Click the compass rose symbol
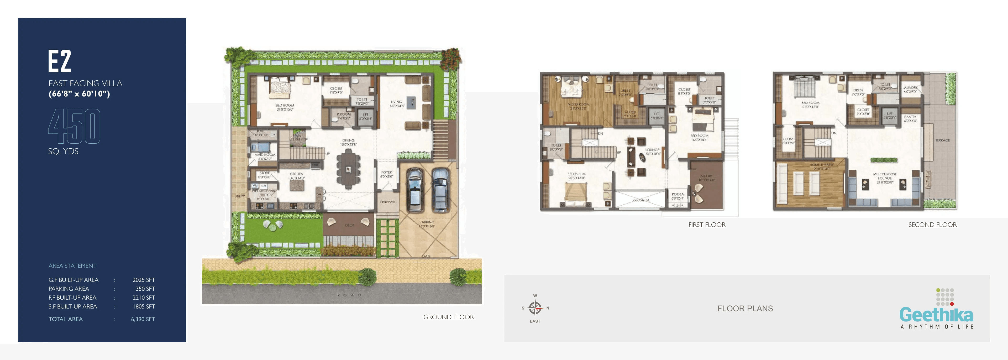[535, 308]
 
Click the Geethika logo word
[936, 315]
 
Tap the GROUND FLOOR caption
[448, 317]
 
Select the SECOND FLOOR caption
[932, 225]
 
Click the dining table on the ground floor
[348, 169]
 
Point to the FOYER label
[387, 173]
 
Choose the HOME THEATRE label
[822, 165]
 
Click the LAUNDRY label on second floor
[910, 88]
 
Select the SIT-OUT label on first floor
[707, 176]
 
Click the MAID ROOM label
[265, 155]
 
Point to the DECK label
[349, 225]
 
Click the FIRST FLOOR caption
[707, 225]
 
